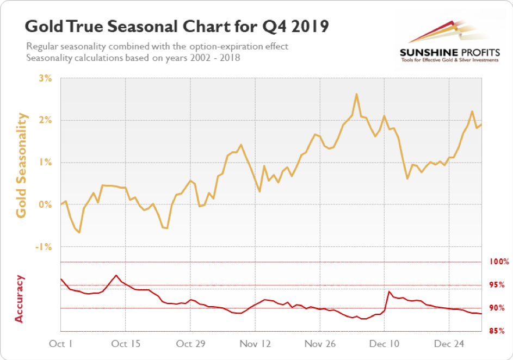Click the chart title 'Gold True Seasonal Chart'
177,27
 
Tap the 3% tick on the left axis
45,78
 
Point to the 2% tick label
45,120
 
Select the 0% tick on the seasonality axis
45,204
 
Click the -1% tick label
44,246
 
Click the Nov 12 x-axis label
255,344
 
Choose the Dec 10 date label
384,344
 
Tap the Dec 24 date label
449,344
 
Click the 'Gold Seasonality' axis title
22,165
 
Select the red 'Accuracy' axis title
20,298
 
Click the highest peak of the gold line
356,94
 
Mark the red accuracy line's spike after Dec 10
389,291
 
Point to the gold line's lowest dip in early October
79,232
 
